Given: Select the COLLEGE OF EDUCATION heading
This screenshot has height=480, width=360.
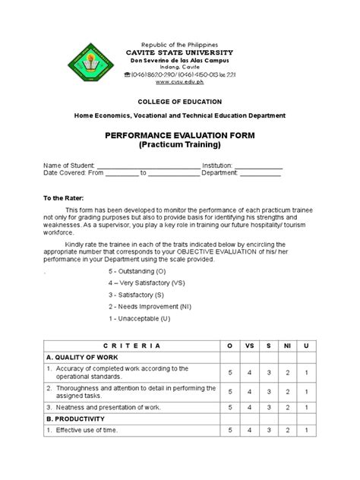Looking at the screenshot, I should point(179,101).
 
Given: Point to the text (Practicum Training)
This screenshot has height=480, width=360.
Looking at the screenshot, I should point(179,144).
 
